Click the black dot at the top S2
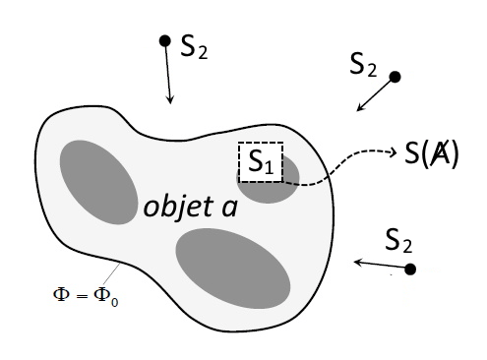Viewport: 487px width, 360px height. coord(164,41)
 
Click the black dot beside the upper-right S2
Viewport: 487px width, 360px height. coord(395,77)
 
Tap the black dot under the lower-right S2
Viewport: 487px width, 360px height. coord(410,270)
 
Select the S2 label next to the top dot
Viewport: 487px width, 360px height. coord(194,46)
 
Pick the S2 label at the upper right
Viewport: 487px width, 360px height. coord(363,64)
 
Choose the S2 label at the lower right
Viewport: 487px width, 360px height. coord(398,241)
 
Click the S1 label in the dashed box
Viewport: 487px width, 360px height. coord(261,161)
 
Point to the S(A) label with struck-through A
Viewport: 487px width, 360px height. coord(431,153)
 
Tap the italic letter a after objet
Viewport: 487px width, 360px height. coord(229,208)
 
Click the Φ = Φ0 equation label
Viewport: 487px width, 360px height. coord(86,295)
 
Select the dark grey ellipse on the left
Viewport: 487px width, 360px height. coord(98,182)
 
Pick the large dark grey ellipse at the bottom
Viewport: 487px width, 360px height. coord(233,269)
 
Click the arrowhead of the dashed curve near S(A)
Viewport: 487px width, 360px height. coord(394,152)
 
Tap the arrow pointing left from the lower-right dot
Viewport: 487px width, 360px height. coord(381,265)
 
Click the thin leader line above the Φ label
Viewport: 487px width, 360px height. coord(111,273)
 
